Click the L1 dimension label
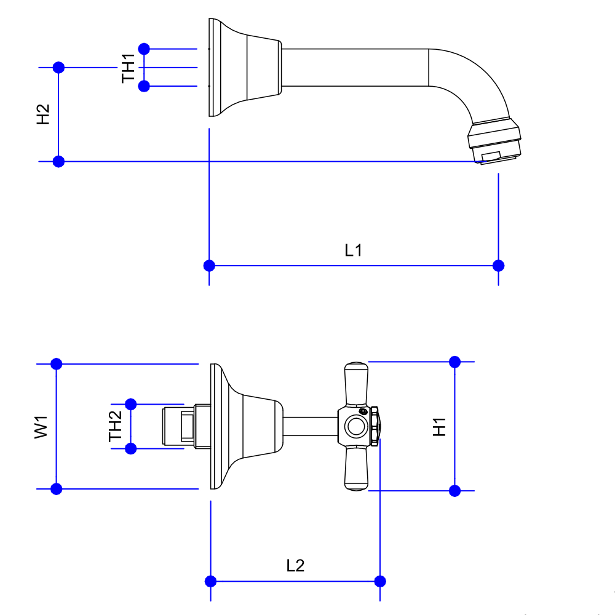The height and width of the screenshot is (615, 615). (353, 250)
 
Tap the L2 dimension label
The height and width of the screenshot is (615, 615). (296, 565)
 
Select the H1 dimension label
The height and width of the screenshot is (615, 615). (439, 426)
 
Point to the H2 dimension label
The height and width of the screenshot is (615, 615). (43, 115)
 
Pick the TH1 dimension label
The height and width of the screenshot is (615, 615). (129, 68)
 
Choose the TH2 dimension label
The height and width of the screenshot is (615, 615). (116, 427)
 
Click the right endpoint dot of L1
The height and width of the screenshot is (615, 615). (498, 266)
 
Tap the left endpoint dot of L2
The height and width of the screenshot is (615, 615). (210, 581)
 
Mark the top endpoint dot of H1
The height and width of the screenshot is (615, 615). (454, 362)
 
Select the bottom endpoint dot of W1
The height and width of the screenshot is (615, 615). (56, 489)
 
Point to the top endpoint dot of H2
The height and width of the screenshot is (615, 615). (58, 67)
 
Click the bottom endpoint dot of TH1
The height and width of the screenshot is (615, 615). (144, 86)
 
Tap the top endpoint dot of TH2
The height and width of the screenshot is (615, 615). (130, 404)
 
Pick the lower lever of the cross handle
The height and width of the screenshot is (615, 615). (356, 468)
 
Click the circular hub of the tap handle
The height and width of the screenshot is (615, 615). (355, 426)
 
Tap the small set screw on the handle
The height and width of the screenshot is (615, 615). (363, 411)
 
